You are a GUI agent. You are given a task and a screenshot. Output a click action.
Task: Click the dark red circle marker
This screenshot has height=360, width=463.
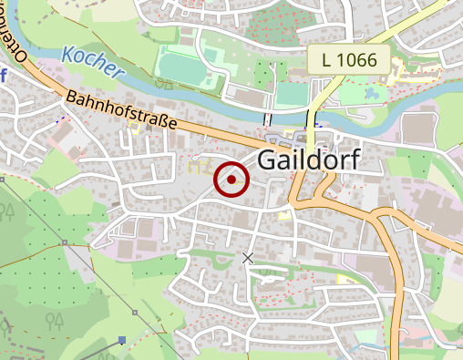click(x=231, y=180)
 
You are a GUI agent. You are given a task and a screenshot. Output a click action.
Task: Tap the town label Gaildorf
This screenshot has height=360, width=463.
click(x=309, y=159)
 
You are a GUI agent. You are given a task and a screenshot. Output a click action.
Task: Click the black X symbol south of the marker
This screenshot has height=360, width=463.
click(x=247, y=258)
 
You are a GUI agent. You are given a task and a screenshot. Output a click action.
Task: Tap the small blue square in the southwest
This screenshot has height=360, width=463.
click(x=121, y=340)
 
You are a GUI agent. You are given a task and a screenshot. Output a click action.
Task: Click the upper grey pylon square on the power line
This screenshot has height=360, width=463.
click(x=65, y=242)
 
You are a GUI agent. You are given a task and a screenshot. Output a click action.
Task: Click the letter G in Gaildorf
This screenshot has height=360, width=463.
click(x=267, y=159)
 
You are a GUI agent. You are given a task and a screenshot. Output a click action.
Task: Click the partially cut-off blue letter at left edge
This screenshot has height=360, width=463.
click(x=3, y=76)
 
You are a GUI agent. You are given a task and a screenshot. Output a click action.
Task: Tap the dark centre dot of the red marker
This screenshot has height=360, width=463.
click(x=231, y=180)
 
